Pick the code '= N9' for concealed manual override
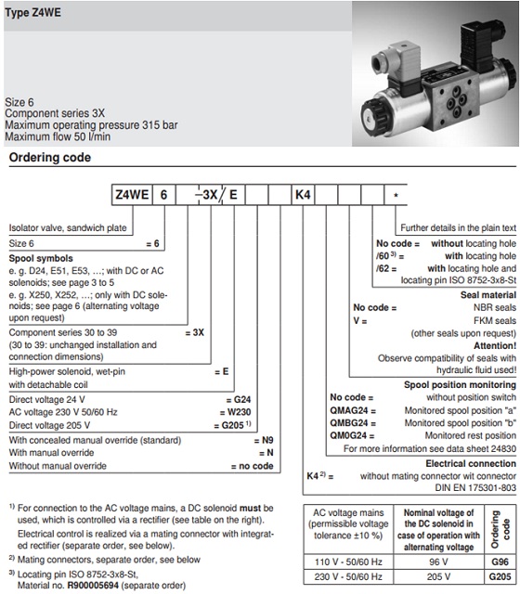(265, 384)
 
